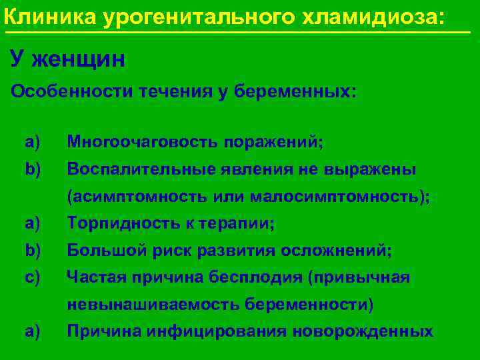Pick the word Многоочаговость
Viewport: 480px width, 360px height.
pyautogui.click(x=143, y=142)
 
